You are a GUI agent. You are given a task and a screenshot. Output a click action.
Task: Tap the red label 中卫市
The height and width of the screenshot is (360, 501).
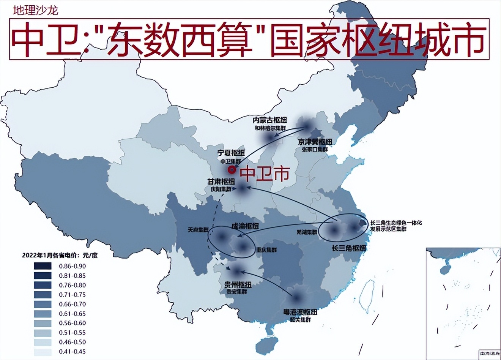click(x=265, y=174)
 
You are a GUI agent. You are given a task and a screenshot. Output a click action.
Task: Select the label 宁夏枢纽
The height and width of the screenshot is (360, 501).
click(x=231, y=153)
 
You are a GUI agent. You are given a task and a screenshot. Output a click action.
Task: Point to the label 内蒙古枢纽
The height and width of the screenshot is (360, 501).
click(x=270, y=120)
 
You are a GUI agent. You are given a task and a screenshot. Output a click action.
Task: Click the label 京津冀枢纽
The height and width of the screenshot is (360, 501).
click(x=315, y=142)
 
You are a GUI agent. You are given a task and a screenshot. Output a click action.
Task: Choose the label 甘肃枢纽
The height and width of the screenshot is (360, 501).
click(x=221, y=182)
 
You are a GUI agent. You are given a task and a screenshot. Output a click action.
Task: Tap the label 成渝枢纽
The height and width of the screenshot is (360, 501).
click(x=245, y=226)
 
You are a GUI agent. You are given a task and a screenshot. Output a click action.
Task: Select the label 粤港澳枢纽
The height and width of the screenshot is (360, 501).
click(x=300, y=312)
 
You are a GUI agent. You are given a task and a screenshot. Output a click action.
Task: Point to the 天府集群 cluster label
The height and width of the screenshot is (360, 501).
click(x=198, y=230)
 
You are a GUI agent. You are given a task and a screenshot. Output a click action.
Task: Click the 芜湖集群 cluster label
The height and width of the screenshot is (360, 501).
click(x=307, y=232)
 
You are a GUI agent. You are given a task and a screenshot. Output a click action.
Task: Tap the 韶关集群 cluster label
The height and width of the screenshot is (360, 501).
click(x=300, y=320)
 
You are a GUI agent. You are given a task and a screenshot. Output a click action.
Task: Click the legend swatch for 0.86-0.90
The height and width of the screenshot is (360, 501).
click(x=42, y=266)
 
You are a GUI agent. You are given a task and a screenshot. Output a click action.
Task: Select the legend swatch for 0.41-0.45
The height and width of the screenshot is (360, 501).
click(x=42, y=352)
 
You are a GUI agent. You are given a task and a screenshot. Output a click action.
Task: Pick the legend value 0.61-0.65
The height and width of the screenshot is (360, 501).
click(x=72, y=314)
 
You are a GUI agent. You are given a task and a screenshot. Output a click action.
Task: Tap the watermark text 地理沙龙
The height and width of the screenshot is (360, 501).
click(x=36, y=10)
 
